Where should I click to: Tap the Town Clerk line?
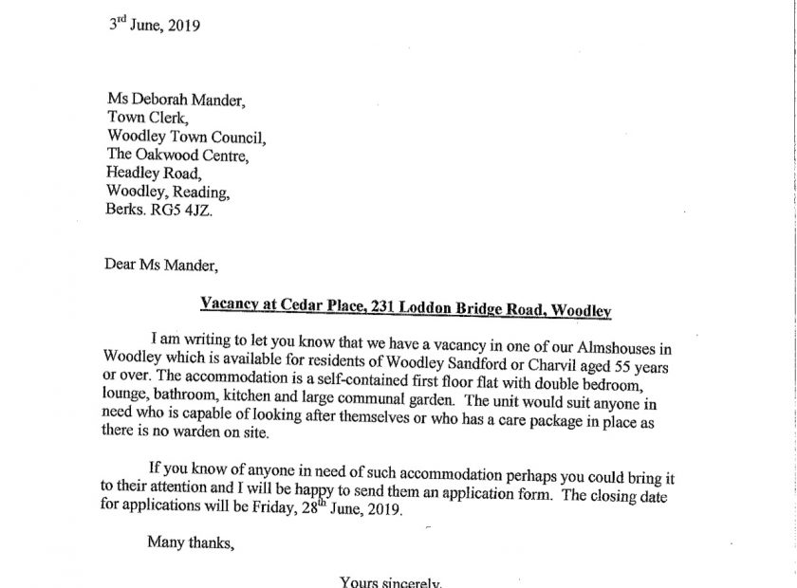[149, 117]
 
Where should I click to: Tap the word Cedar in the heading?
[288, 304]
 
